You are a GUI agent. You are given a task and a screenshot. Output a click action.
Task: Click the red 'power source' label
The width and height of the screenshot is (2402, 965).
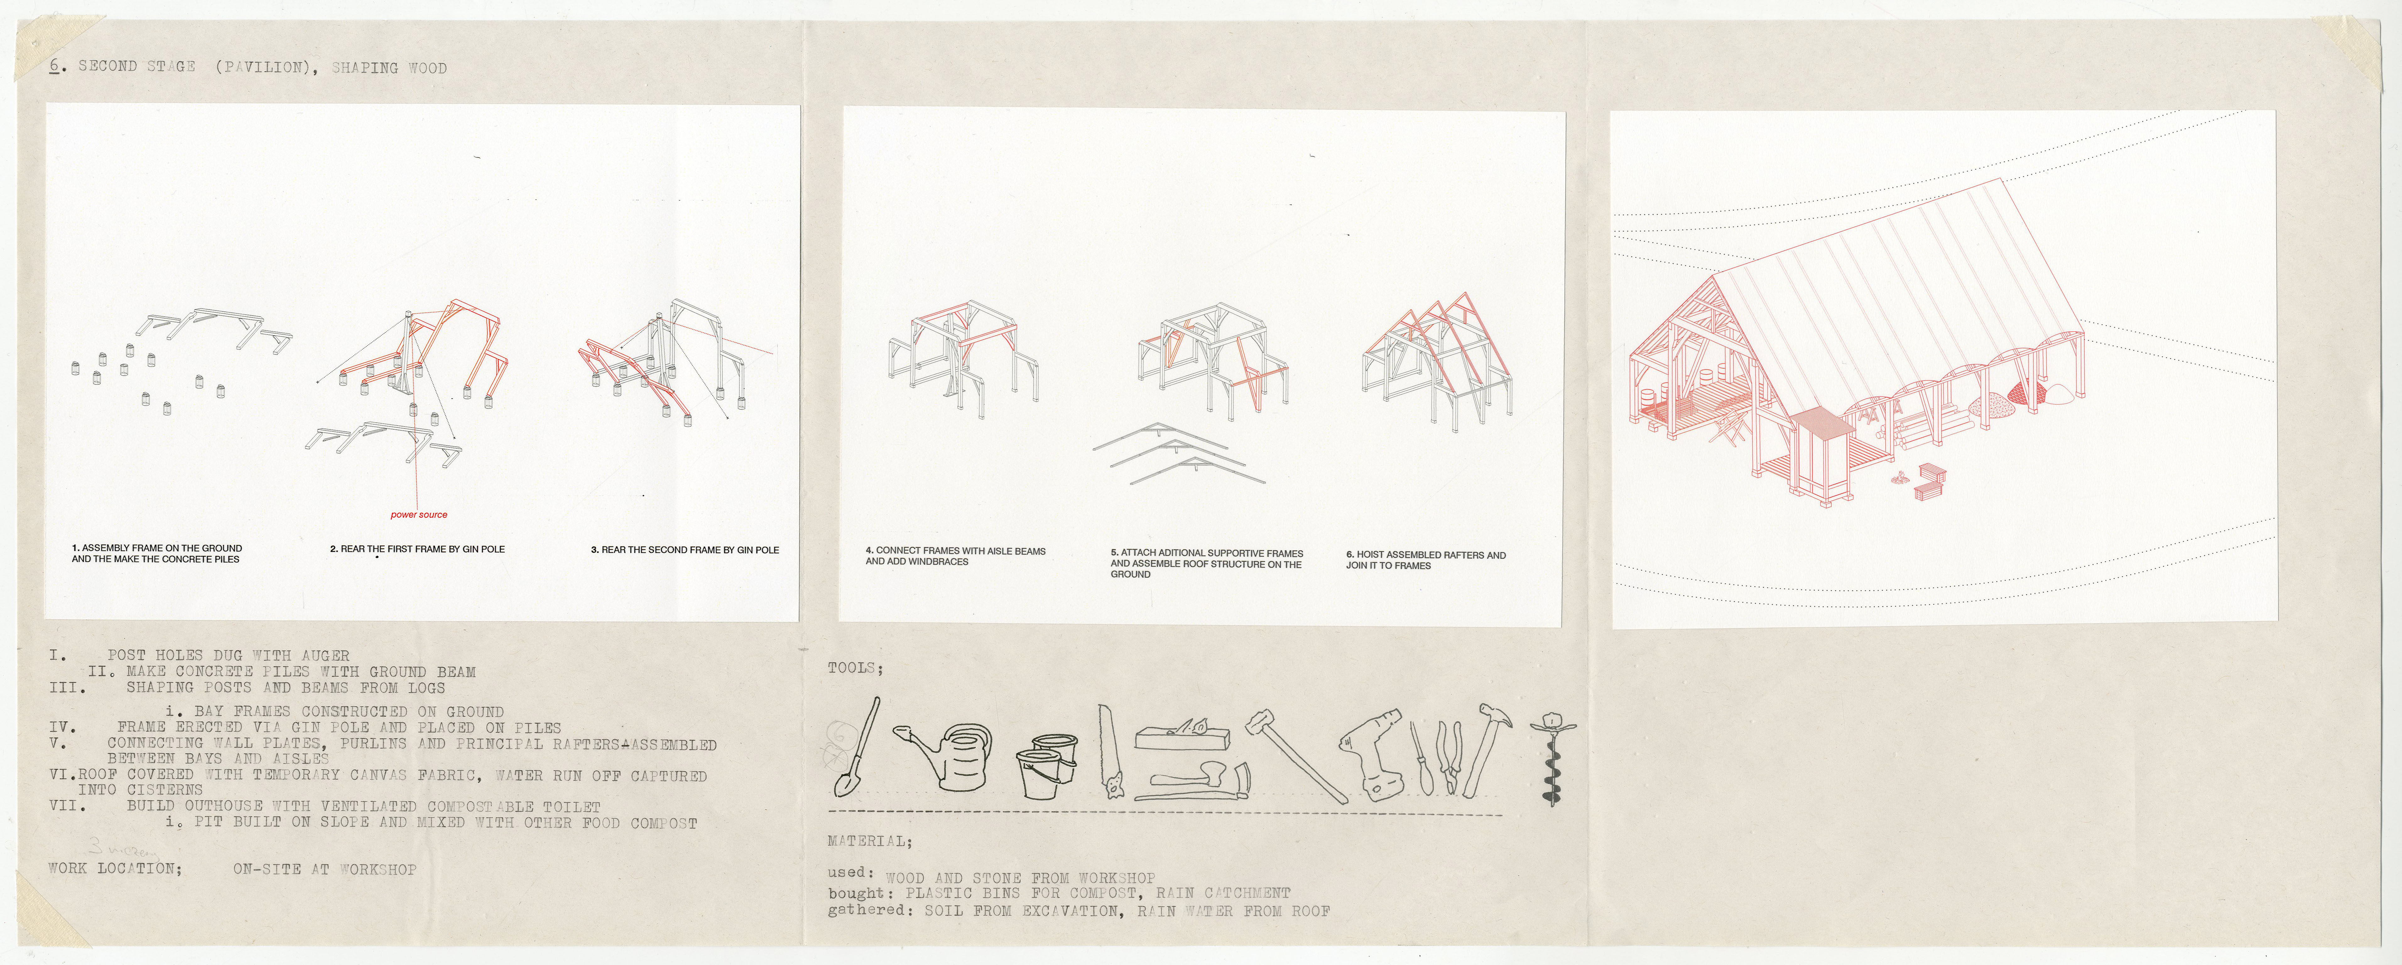(x=419, y=515)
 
